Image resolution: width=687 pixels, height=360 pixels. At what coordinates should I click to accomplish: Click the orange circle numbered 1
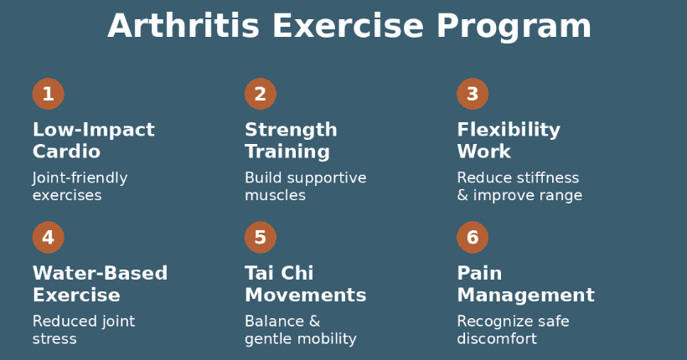(48, 94)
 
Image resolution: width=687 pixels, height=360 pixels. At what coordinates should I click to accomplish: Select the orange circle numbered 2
(260, 94)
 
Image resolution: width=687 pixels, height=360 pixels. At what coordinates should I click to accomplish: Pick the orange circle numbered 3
(473, 94)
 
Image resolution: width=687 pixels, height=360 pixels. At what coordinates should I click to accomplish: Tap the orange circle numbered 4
(48, 237)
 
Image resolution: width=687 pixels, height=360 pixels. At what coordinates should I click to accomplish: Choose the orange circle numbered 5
(260, 237)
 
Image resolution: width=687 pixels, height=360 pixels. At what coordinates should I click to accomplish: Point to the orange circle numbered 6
(473, 237)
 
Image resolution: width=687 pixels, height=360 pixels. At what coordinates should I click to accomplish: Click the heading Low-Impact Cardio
(93, 141)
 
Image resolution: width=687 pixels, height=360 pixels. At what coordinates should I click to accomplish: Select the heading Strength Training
(291, 141)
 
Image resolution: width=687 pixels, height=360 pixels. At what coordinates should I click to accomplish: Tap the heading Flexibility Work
(509, 141)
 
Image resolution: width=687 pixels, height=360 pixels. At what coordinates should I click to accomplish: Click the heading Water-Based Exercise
(100, 284)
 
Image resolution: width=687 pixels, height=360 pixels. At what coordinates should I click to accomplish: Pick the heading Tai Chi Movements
(305, 284)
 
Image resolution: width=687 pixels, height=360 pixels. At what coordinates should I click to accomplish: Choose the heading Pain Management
(525, 284)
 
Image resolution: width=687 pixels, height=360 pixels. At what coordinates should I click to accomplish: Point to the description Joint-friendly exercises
(80, 187)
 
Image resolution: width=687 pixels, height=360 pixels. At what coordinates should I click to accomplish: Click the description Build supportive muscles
(305, 187)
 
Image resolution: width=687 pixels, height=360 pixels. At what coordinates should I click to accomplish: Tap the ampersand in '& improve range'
(462, 196)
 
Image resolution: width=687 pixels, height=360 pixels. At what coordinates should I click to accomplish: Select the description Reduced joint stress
(83, 330)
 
